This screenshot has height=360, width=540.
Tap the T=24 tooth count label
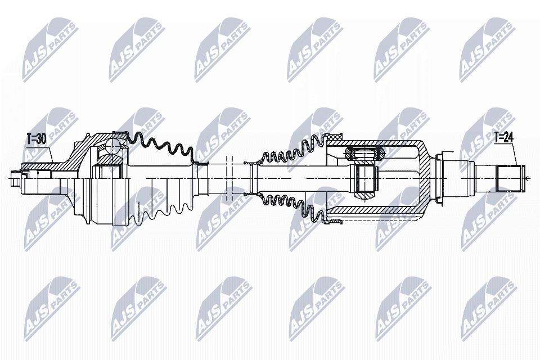pyautogui.click(x=503, y=137)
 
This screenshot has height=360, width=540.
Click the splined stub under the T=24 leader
pyautogui.click(x=510, y=178)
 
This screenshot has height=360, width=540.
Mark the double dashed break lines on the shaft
pyautogui.click(x=229, y=178)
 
